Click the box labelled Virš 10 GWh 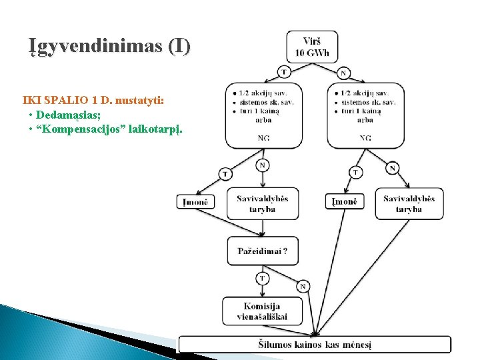point(311,47)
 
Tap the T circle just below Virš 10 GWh point(285,71)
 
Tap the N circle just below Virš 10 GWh point(343,73)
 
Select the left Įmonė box point(197,201)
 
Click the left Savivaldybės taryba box point(263,203)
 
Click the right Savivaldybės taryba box point(409,203)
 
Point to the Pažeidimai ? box point(263,252)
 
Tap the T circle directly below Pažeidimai point(262,277)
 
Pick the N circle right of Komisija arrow point(303,287)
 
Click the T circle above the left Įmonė point(225,174)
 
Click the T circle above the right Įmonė point(356,173)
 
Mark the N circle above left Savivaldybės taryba point(263,165)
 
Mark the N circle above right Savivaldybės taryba point(393,168)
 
